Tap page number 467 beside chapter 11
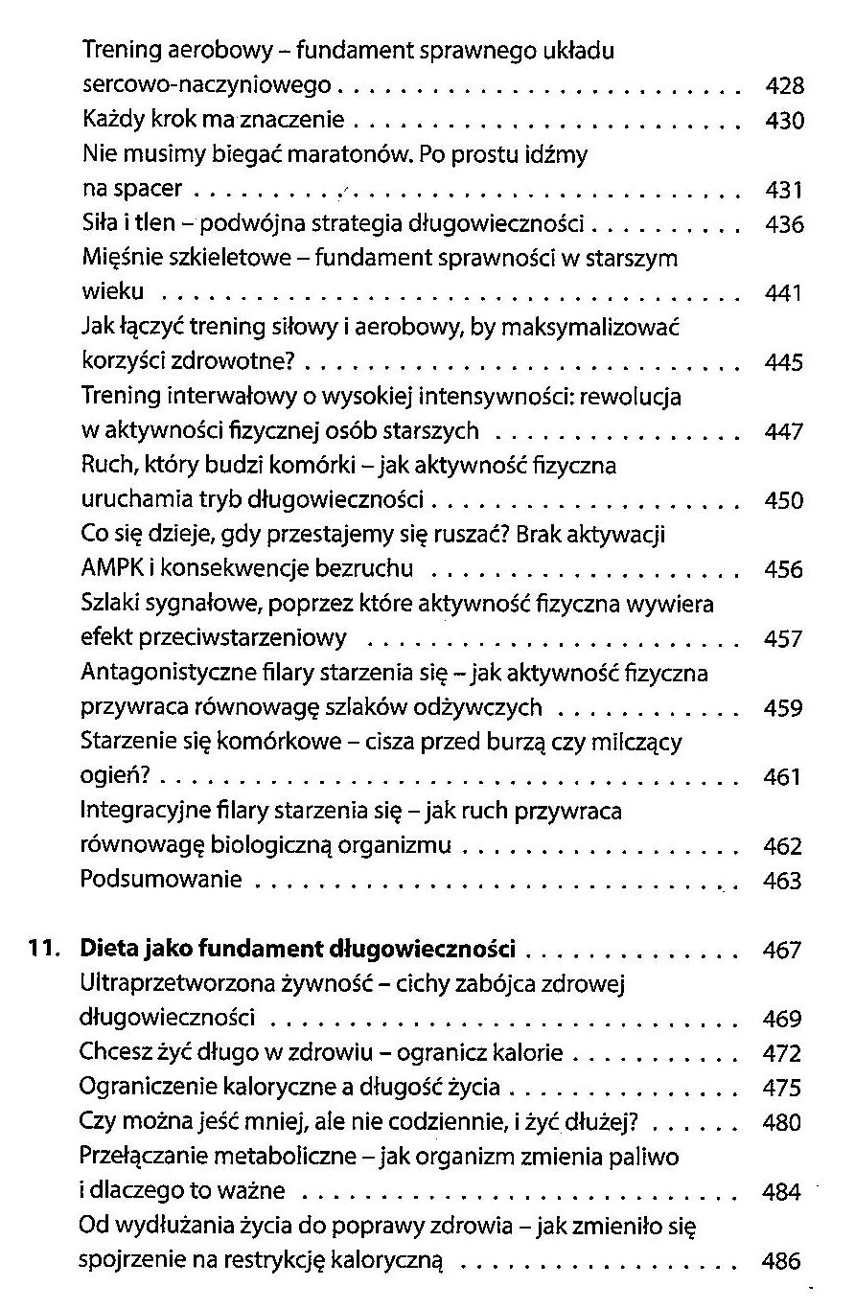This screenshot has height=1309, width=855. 781,952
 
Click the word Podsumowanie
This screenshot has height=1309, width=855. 160,879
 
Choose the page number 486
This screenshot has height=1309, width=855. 781,1262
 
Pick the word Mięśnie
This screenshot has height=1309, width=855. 120,258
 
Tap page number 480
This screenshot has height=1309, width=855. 781,1122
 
